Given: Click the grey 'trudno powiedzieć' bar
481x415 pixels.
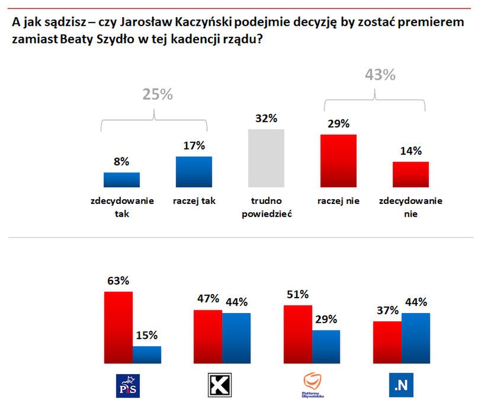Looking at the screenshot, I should tap(266, 158).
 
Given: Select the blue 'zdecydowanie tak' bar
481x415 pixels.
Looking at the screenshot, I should tap(121, 180).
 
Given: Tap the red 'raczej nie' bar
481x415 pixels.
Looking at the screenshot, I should tap(338, 161).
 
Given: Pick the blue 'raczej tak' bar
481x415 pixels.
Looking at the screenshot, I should tap(194, 172).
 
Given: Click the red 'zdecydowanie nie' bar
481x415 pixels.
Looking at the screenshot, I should tap(411, 174).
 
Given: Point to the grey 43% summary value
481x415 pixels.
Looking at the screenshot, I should tap(379, 75).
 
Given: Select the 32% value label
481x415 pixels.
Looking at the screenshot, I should tap(266, 118).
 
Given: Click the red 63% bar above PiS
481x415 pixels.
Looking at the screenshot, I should tap(118, 327).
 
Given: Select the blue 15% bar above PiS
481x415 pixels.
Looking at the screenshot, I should tap(147, 355).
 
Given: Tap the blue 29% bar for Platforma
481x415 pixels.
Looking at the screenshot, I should tap(326, 346).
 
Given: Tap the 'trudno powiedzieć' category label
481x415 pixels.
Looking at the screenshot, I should tap(266, 207).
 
